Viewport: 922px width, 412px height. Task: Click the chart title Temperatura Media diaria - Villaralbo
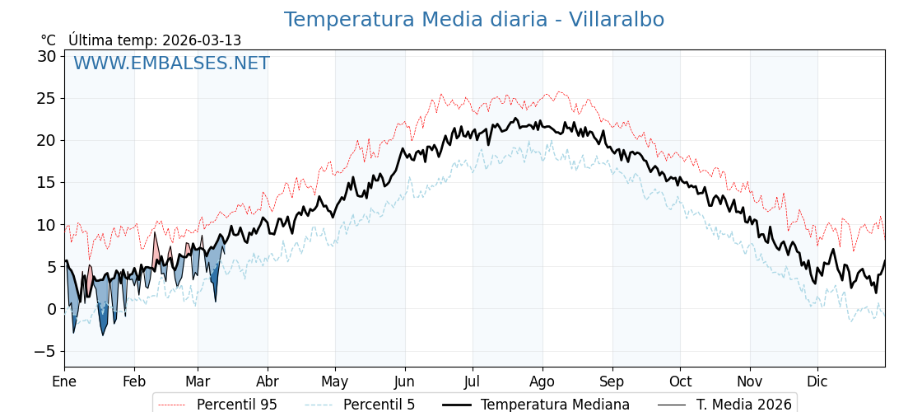pyautogui.click(x=473, y=20)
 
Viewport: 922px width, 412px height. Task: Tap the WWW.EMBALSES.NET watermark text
pyautogui.click(x=171, y=63)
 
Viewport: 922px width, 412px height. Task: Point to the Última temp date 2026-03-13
pyautogui.click(x=202, y=40)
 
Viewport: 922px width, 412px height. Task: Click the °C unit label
pyautogui.click(x=49, y=40)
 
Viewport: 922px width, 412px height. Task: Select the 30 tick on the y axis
pyautogui.click(x=46, y=56)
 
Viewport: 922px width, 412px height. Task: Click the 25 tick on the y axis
pyautogui.click(x=46, y=98)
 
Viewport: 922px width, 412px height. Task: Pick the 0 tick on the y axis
pyautogui.click(x=51, y=309)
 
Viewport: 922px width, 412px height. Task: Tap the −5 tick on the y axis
pyautogui.click(x=46, y=351)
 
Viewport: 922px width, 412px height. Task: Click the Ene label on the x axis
pyautogui.click(x=64, y=382)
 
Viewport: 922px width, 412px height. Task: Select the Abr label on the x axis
pyautogui.click(x=268, y=382)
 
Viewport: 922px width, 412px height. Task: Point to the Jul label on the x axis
pyautogui.click(x=473, y=382)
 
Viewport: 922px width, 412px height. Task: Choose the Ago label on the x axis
pyautogui.click(x=542, y=382)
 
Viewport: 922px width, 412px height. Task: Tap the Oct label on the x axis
pyautogui.click(x=680, y=382)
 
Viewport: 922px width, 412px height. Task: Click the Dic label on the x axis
pyautogui.click(x=817, y=382)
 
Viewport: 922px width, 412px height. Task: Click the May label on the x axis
pyautogui.click(x=335, y=382)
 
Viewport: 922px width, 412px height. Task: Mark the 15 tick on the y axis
pyautogui.click(x=46, y=182)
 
